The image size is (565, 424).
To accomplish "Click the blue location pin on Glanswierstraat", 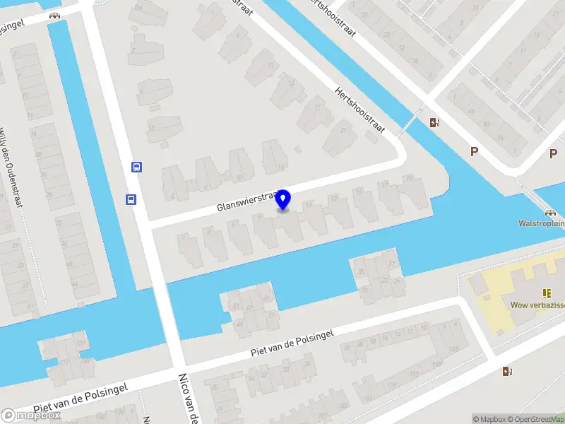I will (x=284, y=200).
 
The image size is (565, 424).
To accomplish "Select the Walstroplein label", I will (x=541, y=223).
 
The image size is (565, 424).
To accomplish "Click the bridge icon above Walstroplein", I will (x=549, y=211).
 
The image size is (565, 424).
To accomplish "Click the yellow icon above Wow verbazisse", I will (x=547, y=293).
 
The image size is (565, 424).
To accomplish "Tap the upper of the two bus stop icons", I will (x=136, y=167).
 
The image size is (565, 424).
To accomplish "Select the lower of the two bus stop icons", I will (x=131, y=199).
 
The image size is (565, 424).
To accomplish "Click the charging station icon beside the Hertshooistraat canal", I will (x=434, y=123).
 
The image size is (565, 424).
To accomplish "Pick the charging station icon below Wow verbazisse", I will (x=507, y=371).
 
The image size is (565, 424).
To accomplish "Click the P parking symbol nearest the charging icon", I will (x=475, y=152).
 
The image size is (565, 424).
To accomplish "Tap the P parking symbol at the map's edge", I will (x=554, y=153).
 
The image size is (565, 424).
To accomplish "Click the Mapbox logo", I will (x=31, y=416).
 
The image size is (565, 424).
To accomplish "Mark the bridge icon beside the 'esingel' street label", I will (x=54, y=15).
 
